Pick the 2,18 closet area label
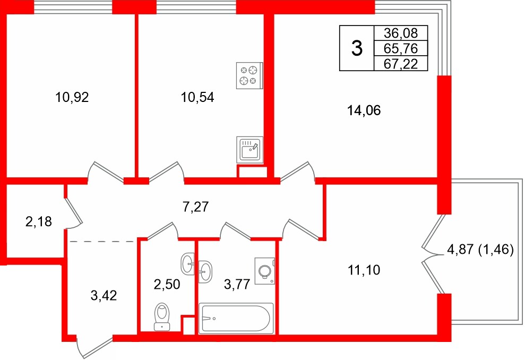pos(38,221)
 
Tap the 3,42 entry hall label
pos(104,295)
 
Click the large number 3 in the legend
pos(357,49)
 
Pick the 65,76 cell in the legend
pos(396,49)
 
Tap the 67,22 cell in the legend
pos(396,64)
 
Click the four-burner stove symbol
pos(249,75)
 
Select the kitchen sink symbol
pos(249,149)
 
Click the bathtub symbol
pos(236,319)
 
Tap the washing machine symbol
pos(265,271)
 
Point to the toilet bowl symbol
pos(162,318)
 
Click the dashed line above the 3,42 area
pos(101,241)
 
